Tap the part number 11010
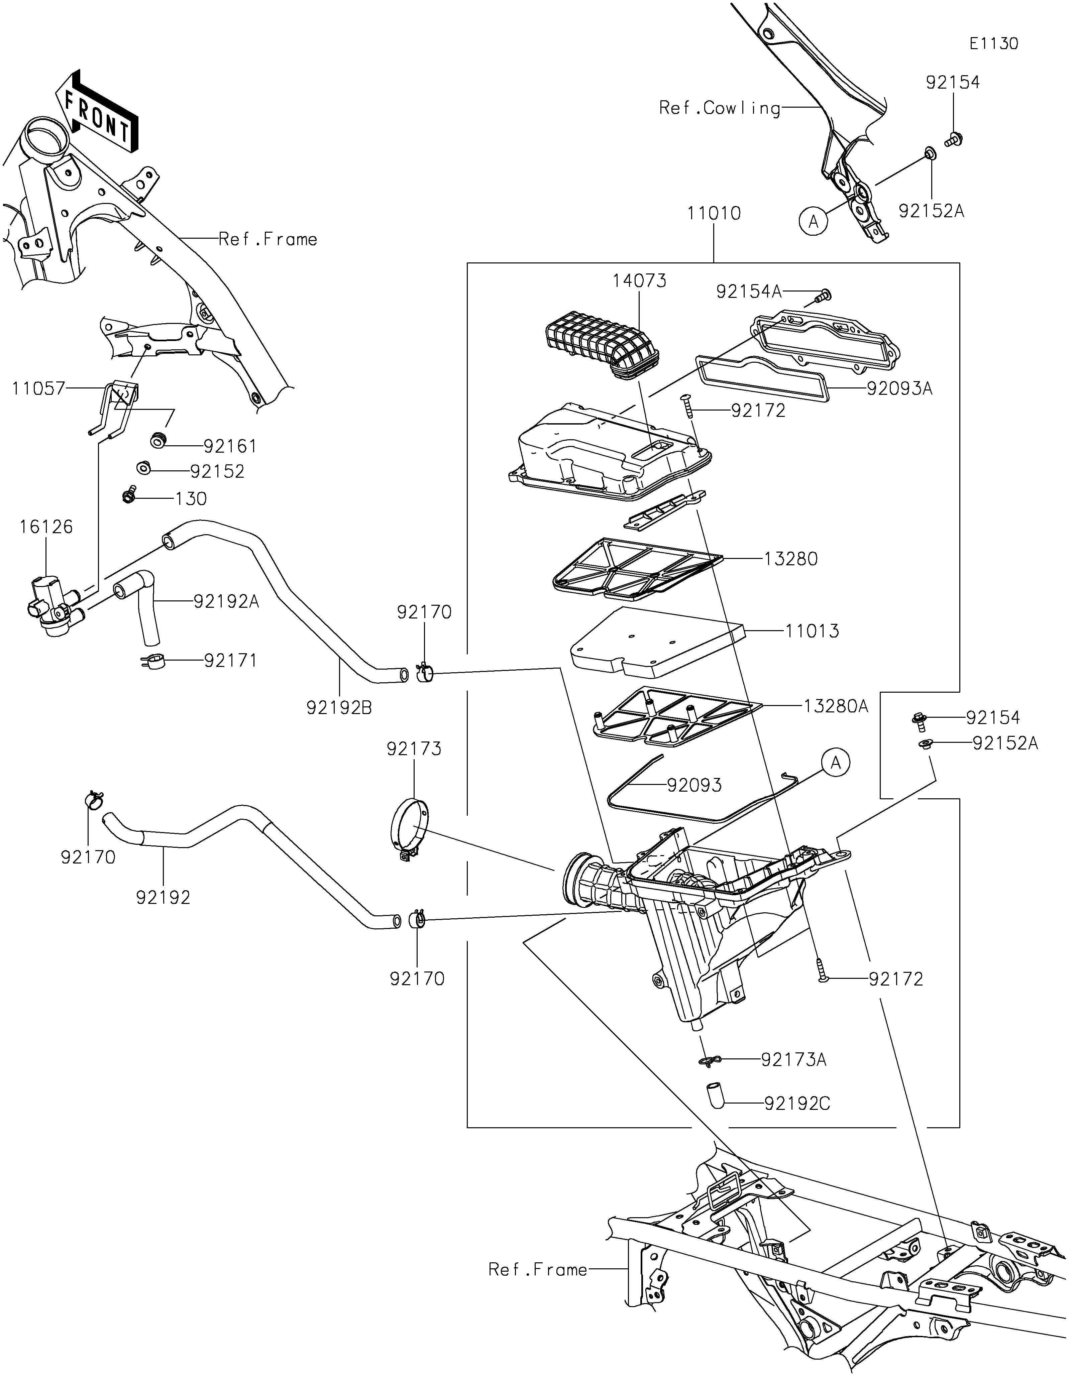[714, 213]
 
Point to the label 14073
[639, 281]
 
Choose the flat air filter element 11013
[658, 641]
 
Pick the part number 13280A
[836, 706]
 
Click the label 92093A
[899, 388]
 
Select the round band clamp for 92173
[410, 830]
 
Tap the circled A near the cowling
[814, 221]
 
